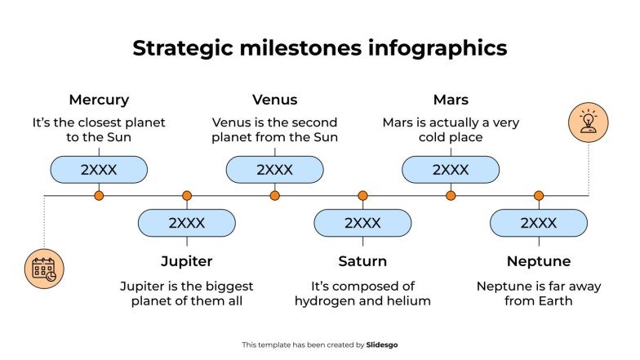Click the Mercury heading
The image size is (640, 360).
[99, 100]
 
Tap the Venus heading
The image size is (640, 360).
[274, 100]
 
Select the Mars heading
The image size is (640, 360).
[451, 100]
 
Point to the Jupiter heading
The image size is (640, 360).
[187, 261]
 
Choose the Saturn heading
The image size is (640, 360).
[362, 261]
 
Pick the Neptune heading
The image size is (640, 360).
[538, 261]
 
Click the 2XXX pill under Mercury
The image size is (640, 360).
[99, 170]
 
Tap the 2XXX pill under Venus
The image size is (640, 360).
[274, 170]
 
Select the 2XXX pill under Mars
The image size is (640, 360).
[451, 170]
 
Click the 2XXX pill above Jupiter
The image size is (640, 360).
[187, 223]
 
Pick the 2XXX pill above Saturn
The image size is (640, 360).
[362, 223]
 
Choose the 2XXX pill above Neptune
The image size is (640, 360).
[538, 223]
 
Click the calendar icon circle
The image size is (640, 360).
[44, 269]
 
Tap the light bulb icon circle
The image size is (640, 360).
[588, 122]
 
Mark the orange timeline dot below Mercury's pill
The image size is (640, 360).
[99, 196]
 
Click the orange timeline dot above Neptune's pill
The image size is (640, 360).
[539, 196]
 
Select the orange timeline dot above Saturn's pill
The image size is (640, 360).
[362, 196]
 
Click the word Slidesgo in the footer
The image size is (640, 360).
[382, 345]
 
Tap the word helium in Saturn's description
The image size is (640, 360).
[409, 301]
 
